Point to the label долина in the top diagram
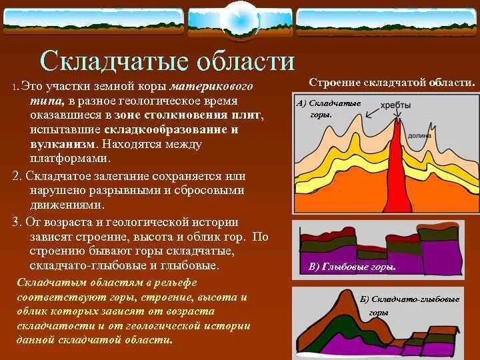(x=450, y=134)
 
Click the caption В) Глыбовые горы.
(x=353, y=267)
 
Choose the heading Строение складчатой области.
(x=391, y=82)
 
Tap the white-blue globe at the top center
(x=239, y=19)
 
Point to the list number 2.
(x=17, y=176)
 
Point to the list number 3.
(x=17, y=221)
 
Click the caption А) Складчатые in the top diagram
(x=329, y=104)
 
